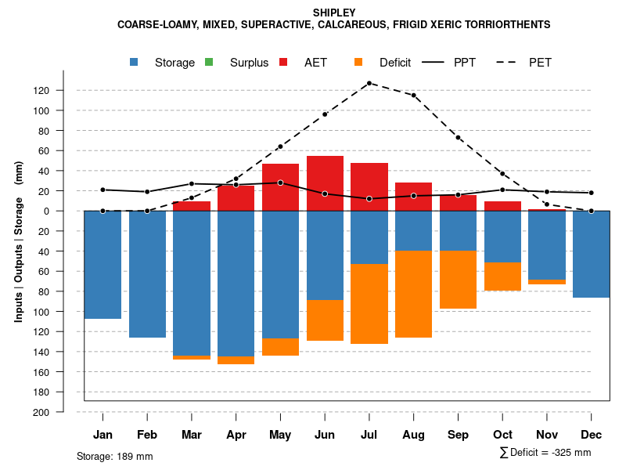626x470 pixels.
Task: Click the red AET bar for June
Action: click(x=325, y=183)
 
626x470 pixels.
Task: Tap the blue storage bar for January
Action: click(x=103, y=265)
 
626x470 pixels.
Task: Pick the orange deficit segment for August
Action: click(x=414, y=294)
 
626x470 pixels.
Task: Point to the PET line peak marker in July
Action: click(x=369, y=83)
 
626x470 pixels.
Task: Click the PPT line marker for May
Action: click(x=280, y=183)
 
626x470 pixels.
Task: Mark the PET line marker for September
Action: click(x=459, y=137)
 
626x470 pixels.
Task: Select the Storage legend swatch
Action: click(x=135, y=63)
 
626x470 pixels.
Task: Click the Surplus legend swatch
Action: click(x=209, y=63)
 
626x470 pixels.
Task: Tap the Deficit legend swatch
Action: click(x=358, y=63)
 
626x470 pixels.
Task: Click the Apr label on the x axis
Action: click(x=236, y=435)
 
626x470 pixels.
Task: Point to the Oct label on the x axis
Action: click(x=502, y=435)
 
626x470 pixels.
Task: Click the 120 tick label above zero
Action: click(x=41, y=91)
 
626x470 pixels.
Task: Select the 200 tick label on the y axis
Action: click(x=41, y=412)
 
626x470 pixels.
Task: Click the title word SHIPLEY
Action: click(x=334, y=13)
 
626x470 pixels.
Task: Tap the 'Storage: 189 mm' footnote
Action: click(x=115, y=456)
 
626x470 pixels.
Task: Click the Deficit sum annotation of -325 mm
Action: click(x=545, y=453)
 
